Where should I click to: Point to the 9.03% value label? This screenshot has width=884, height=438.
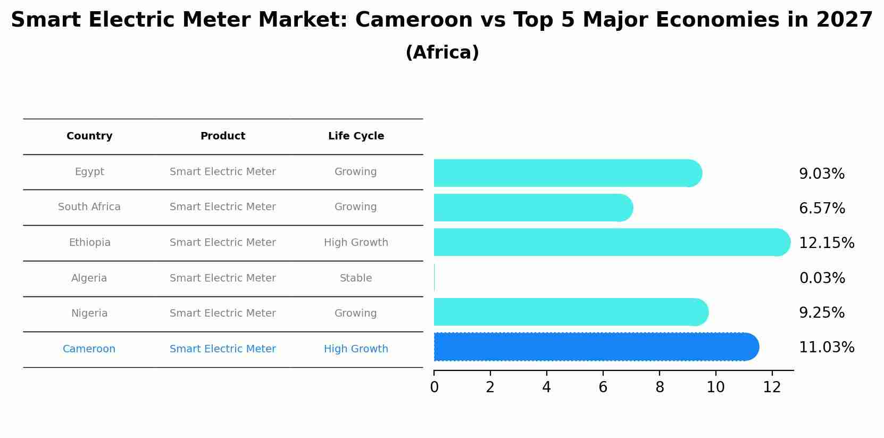click(x=822, y=174)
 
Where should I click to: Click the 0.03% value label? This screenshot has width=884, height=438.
click(x=822, y=278)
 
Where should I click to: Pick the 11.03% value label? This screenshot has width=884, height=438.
click(x=827, y=348)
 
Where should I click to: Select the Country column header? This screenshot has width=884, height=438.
click(x=89, y=136)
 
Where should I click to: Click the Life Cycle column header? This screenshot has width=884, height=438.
click(x=356, y=136)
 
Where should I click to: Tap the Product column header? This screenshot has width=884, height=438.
click(x=222, y=136)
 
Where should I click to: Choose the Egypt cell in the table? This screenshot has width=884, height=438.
click(x=89, y=172)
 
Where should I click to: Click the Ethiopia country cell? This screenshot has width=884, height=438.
click(x=89, y=243)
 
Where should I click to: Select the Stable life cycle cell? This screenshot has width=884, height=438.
click(x=356, y=278)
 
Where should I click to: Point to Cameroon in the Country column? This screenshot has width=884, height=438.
click(x=89, y=349)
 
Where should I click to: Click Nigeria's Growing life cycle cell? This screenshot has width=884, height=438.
click(x=355, y=313)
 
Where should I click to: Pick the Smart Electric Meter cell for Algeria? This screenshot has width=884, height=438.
click(x=222, y=278)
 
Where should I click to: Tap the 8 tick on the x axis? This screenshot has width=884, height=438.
click(x=660, y=387)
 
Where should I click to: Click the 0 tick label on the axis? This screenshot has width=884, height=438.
click(x=434, y=387)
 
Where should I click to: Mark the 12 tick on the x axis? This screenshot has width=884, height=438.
click(x=772, y=387)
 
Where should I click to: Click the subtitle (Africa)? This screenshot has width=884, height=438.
click(x=442, y=53)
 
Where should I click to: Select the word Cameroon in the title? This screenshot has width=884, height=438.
click(x=413, y=20)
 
